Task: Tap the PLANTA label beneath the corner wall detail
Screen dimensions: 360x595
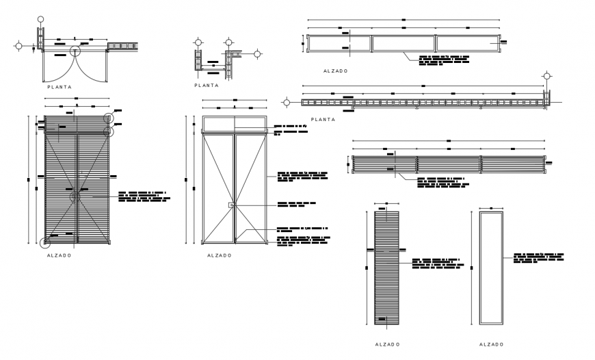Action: coord(206,86)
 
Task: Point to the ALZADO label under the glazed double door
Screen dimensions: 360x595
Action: coord(219,255)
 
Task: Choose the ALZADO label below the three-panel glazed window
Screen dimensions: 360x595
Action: coord(335,70)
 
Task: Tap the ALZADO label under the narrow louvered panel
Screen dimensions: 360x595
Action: coord(388,344)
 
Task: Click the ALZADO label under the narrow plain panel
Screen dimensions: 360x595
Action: coord(491,344)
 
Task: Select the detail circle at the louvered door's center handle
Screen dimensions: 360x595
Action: coord(75,197)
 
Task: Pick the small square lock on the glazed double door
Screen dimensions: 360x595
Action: coord(232,205)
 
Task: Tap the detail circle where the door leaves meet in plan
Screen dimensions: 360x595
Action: coord(75,49)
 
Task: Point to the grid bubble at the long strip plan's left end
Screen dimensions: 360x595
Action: coord(285,103)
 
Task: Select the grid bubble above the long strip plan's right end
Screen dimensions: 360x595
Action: coord(546,75)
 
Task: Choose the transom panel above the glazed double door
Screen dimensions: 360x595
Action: coord(234,124)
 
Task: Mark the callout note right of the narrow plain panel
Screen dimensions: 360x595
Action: coord(538,257)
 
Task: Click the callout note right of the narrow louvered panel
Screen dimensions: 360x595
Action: coord(436,264)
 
